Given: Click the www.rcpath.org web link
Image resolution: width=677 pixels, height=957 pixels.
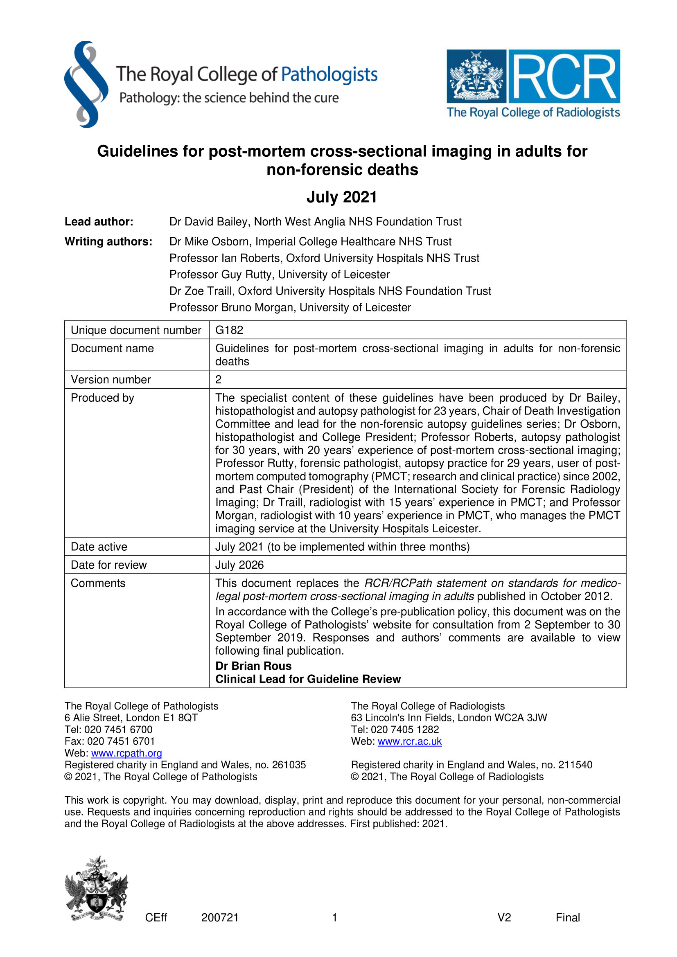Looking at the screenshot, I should [x=126, y=753].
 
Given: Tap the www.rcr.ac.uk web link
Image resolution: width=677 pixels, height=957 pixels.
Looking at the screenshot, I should [x=409, y=741].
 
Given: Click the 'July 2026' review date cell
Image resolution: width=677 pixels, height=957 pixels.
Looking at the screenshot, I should [x=239, y=565].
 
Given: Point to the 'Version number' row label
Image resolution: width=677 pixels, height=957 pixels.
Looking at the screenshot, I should [x=111, y=379].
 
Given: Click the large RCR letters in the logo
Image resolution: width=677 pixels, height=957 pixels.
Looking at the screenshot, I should [x=564, y=77].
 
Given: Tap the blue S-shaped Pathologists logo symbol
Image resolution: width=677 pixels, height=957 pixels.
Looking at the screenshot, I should [x=86, y=84].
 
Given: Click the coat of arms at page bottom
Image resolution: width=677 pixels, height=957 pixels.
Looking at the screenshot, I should [x=96, y=889].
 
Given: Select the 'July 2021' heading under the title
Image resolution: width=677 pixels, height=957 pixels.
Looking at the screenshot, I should [x=341, y=197].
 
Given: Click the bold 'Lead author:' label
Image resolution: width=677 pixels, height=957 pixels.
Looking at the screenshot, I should [x=99, y=222].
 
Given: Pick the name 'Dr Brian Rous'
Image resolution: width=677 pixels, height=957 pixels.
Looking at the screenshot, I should [x=253, y=666].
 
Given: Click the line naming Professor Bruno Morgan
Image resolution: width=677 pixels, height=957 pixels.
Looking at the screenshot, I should [x=290, y=307].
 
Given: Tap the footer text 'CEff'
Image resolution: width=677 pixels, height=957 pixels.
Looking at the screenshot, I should [x=156, y=917].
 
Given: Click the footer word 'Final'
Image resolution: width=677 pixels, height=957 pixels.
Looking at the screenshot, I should [x=567, y=917].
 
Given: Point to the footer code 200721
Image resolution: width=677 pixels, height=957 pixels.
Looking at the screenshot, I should [x=220, y=917].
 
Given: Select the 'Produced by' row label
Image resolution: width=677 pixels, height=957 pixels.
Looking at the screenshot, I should [x=103, y=398].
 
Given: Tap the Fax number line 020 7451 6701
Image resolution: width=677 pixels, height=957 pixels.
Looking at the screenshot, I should [x=110, y=741].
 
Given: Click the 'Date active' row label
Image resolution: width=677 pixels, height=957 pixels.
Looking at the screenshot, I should [x=99, y=547].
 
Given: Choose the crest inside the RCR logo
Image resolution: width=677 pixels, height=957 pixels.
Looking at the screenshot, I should [x=476, y=76].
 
